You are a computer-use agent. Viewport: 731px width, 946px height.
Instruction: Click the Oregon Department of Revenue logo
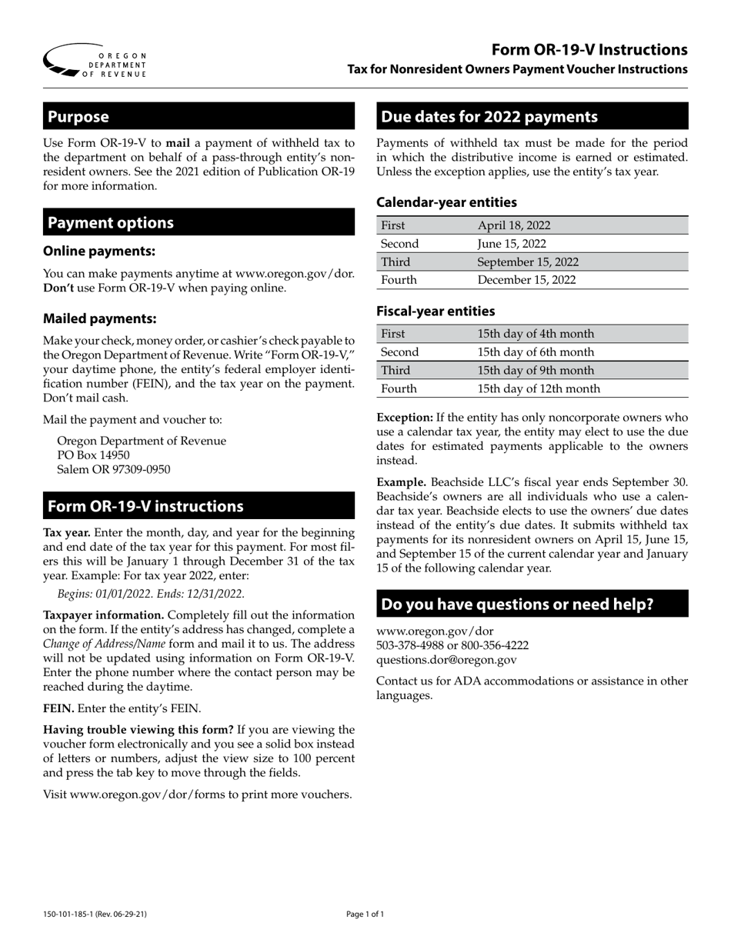click(94, 61)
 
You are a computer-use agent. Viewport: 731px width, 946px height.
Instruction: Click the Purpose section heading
click(78, 117)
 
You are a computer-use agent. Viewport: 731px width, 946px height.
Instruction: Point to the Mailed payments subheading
click(100, 318)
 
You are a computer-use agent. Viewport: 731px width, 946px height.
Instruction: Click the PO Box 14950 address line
click(93, 455)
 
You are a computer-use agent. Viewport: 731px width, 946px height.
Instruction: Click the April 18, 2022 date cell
click(514, 225)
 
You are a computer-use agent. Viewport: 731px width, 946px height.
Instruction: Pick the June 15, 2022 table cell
click(512, 244)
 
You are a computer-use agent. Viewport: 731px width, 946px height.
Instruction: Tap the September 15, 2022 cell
click(528, 261)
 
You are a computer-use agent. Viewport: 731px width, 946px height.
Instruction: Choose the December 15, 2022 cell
click(526, 280)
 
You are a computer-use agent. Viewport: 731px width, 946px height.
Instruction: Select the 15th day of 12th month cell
click(539, 388)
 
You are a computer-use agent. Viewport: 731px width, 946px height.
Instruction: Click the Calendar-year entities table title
click(446, 202)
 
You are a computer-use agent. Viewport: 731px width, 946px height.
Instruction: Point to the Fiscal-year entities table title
click(436, 311)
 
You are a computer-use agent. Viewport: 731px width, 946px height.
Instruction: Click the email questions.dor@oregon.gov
click(446, 659)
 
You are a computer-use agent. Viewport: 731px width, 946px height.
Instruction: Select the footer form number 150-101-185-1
click(70, 914)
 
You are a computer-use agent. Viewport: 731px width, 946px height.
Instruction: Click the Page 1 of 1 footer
click(365, 914)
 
